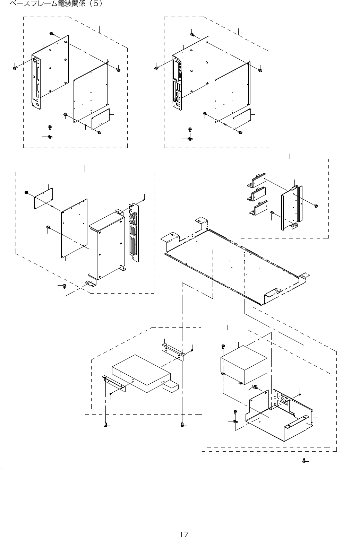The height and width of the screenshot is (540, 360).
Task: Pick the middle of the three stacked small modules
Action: (x=258, y=194)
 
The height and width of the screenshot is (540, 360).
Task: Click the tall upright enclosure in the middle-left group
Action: (x=106, y=246)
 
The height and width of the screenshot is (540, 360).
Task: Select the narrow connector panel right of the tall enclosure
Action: (x=134, y=232)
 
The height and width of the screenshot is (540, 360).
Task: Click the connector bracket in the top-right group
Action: (x=177, y=85)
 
